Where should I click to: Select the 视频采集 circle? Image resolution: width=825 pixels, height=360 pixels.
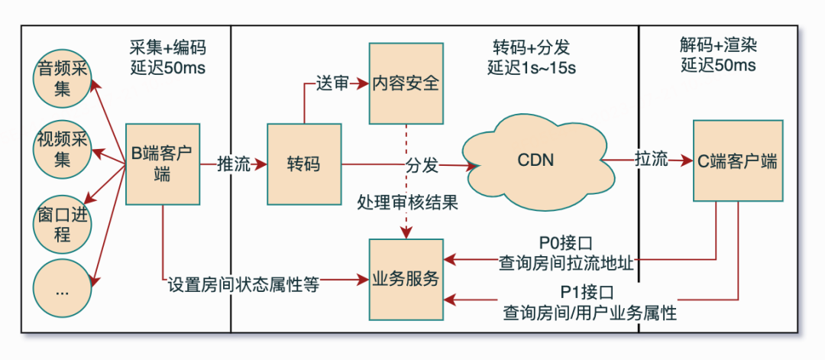63,150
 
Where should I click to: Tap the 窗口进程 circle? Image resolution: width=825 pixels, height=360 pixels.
63,222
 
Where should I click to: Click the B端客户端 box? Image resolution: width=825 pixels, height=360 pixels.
162,164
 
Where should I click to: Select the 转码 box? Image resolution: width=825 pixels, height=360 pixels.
303,164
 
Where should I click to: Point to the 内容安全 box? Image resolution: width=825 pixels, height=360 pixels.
406,83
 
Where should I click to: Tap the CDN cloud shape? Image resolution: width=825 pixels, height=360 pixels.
535,161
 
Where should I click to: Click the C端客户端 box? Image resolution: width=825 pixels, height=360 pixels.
737,161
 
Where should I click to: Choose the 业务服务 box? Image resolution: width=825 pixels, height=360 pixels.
406,280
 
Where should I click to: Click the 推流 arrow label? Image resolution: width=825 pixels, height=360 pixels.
234,164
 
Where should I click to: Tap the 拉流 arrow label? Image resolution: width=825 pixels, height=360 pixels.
652,161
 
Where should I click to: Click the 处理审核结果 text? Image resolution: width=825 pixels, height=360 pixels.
407,203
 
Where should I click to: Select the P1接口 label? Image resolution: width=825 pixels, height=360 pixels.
588,293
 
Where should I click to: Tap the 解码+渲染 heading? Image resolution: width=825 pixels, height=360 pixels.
719,45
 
